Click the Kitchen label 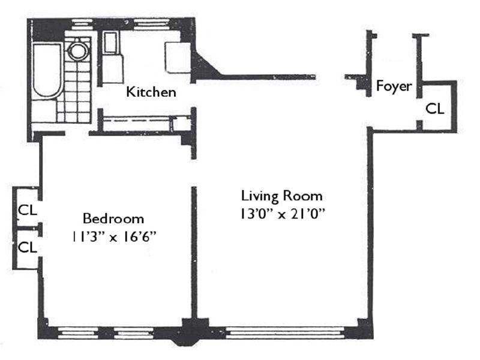pos(151,92)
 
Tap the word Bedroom pos(113,218)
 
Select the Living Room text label pos(282,196)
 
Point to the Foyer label pos(394,86)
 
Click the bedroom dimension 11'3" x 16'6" pos(114,236)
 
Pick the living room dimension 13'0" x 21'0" pos(282,214)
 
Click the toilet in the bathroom pos(79,50)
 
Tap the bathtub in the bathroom pos(47,71)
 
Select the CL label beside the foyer pos(434,109)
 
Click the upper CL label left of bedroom pos(28,210)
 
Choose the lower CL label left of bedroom pos(28,247)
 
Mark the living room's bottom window pos(284,332)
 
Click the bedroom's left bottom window pos(78,333)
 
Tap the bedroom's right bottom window pos(134,333)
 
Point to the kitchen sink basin pos(110,43)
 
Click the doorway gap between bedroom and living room pos(193,173)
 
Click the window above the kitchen pos(152,24)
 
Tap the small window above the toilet pos(83,24)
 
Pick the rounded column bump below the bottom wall pos(184,341)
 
